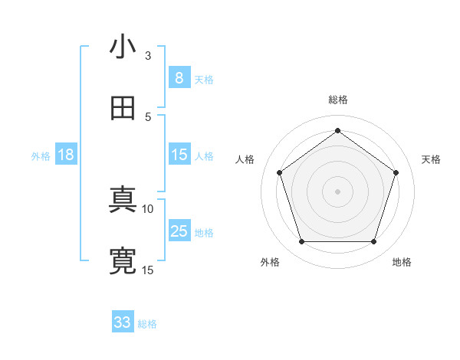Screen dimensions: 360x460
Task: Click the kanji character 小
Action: click(123, 47)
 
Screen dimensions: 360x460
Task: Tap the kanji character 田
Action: click(123, 109)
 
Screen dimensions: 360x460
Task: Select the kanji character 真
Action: click(123, 201)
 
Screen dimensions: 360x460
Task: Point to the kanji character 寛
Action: click(123, 262)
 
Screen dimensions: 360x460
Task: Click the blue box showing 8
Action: click(179, 78)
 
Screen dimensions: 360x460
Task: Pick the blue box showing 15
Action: click(179, 155)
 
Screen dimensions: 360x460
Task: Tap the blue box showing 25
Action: click(179, 231)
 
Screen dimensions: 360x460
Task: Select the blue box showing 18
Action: click(66, 155)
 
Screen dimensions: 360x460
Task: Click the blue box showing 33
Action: click(123, 322)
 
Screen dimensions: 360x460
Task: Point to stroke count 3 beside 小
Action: click(148, 56)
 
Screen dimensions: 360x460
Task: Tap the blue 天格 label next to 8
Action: click(204, 80)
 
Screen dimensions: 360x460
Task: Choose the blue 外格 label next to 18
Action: click(41, 156)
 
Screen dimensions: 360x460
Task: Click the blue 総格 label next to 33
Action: click(147, 324)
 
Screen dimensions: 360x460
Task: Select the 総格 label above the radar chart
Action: click(338, 100)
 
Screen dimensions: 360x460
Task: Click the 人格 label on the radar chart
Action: click(245, 159)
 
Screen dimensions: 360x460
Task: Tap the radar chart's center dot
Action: click(338, 191)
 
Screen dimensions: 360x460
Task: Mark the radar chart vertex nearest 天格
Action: click(396, 172)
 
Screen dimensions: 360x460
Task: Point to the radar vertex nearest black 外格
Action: click(302, 242)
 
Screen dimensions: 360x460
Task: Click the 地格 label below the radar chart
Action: click(402, 262)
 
